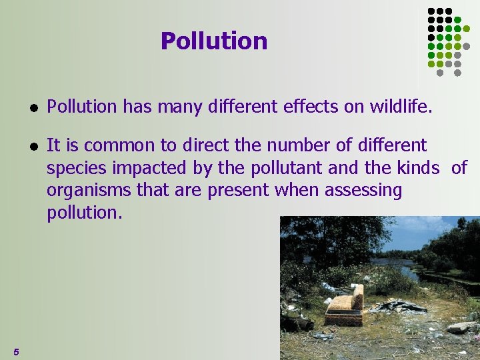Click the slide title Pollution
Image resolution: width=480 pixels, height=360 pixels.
[213, 41]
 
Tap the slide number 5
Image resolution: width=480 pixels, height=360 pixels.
[16, 351]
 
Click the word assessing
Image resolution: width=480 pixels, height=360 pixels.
[363, 191]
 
